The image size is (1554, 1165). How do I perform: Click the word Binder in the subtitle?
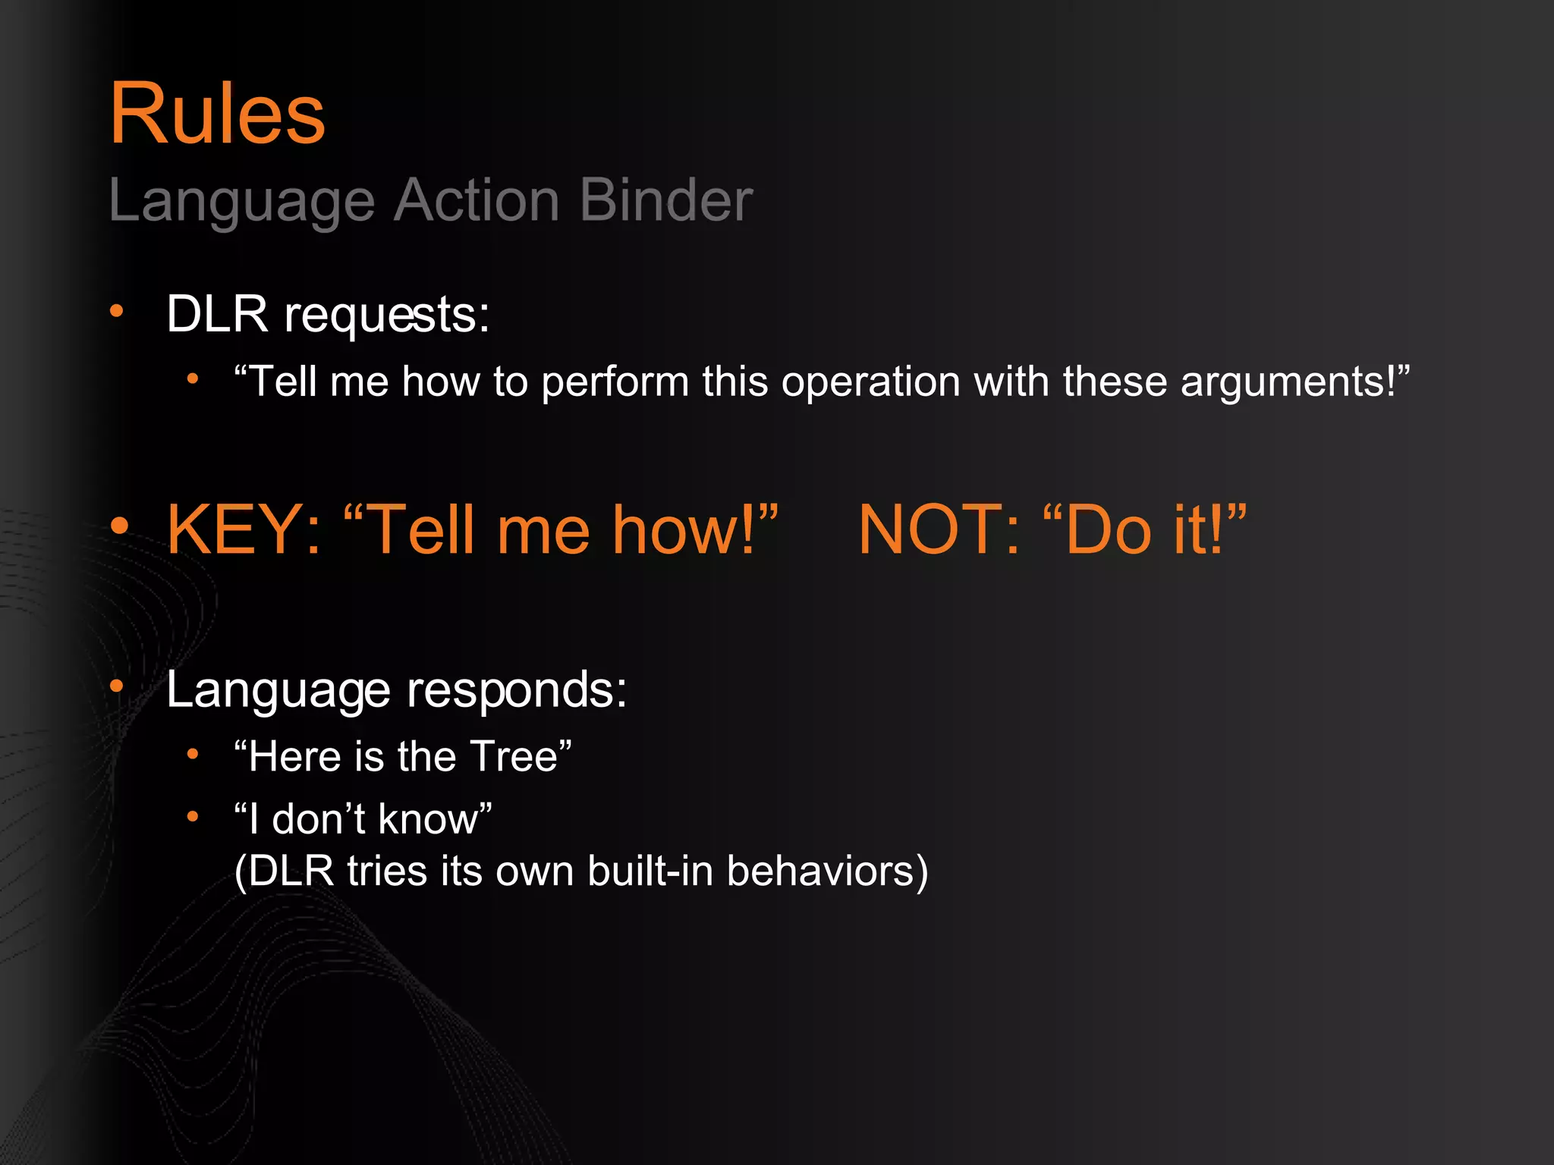click(x=665, y=201)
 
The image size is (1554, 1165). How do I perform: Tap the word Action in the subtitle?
click(x=477, y=201)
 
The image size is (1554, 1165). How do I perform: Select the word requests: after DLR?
click(x=386, y=315)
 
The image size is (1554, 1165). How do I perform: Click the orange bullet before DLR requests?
click(x=116, y=310)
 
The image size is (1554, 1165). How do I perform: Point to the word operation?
click(x=870, y=382)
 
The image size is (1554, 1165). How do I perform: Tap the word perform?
click(x=615, y=382)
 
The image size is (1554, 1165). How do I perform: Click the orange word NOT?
click(x=939, y=529)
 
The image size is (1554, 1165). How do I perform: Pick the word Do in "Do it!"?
click(x=1108, y=529)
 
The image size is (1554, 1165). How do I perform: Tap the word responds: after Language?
click(x=517, y=690)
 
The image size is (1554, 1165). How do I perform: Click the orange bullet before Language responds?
click(x=116, y=686)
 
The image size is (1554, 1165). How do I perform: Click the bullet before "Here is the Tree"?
click(x=193, y=754)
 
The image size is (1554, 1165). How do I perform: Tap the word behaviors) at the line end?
click(x=827, y=871)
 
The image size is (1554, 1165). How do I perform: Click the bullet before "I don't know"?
click(x=193, y=817)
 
